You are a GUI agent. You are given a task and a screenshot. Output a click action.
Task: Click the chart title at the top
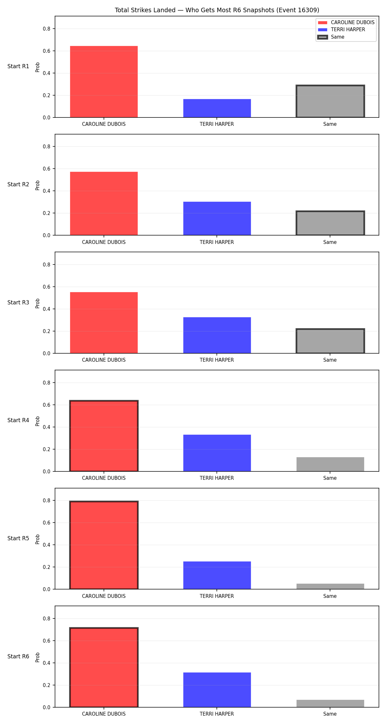click(x=217, y=10)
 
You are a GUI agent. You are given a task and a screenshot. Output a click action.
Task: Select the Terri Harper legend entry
click(x=341, y=30)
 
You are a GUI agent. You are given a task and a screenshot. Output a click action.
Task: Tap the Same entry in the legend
click(x=331, y=37)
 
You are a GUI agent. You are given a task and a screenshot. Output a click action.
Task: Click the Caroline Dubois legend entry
click(x=346, y=23)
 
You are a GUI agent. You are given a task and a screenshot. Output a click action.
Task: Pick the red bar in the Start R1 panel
click(x=104, y=82)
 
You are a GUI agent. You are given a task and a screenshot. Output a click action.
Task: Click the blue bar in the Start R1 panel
click(x=217, y=108)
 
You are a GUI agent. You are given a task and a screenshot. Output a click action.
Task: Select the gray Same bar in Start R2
click(x=330, y=223)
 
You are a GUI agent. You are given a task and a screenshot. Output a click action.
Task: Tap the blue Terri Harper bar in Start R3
click(x=217, y=335)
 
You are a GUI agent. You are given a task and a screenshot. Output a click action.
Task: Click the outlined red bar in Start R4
click(x=104, y=436)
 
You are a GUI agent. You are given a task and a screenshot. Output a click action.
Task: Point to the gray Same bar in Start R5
click(x=330, y=586)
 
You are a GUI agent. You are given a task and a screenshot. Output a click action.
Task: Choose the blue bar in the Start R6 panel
click(x=217, y=690)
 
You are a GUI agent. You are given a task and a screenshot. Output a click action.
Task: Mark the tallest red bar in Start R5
click(x=104, y=545)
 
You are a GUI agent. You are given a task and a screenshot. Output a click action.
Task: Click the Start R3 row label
click(x=18, y=302)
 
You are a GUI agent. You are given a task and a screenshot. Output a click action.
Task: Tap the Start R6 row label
click(x=18, y=656)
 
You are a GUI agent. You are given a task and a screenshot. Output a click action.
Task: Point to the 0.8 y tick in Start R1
click(x=47, y=29)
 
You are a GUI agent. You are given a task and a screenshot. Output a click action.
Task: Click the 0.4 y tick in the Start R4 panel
click(x=47, y=427)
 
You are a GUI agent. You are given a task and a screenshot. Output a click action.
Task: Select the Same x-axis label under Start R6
click(x=330, y=714)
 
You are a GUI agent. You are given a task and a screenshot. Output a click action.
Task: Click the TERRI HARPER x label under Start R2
click(x=217, y=242)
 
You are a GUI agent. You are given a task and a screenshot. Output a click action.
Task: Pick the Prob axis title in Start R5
click(x=38, y=539)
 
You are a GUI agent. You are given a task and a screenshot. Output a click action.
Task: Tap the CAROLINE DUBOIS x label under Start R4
click(x=104, y=478)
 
